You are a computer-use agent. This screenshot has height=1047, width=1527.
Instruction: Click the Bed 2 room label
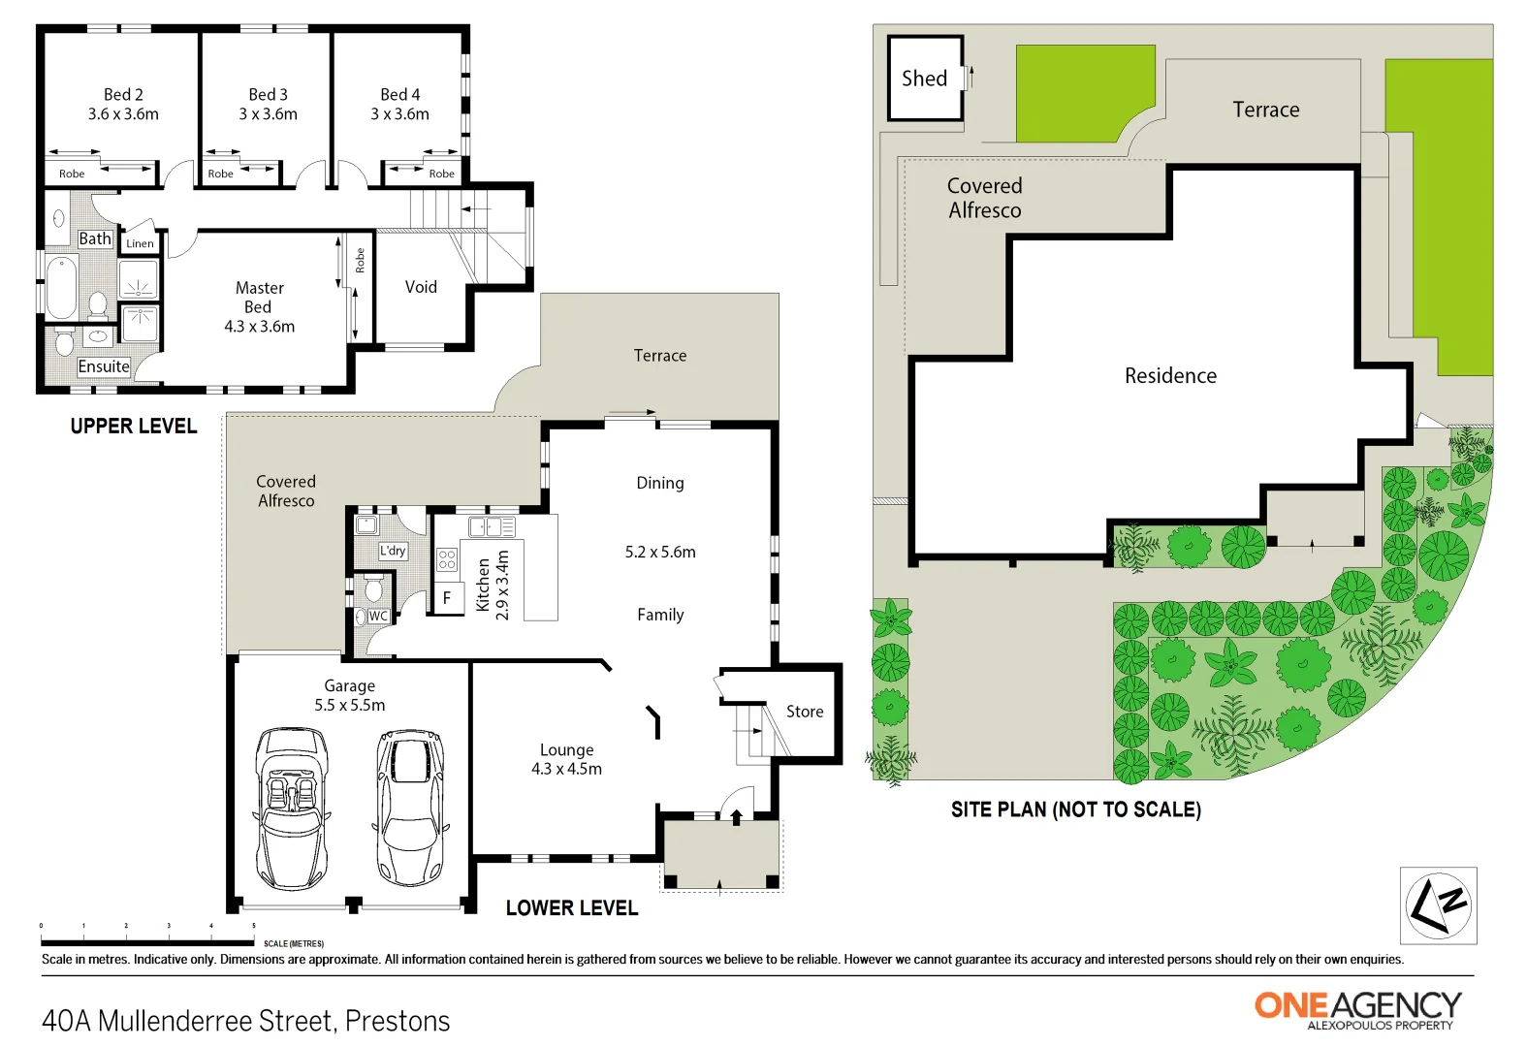(x=123, y=104)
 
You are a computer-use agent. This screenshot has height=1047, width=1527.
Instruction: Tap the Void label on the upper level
(x=421, y=287)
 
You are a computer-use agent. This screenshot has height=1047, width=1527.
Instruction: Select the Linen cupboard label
(x=140, y=243)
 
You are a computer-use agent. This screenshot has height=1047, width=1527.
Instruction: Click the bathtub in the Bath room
(x=62, y=287)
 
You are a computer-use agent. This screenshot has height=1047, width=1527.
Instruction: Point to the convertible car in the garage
(x=292, y=809)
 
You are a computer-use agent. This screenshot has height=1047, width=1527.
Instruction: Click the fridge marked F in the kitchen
(x=447, y=598)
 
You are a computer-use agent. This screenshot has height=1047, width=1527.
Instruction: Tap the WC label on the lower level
(x=378, y=616)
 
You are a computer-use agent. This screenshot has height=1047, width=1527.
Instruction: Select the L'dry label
(x=393, y=551)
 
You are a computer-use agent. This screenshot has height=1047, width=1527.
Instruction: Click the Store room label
(x=805, y=712)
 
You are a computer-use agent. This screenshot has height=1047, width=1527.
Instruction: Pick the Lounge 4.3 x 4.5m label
(x=566, y=759)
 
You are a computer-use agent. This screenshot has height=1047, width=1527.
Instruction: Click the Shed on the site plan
(x=925, y=79)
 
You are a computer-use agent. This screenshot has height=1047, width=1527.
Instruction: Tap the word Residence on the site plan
(x=1170, y=376)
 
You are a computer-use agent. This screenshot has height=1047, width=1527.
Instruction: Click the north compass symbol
(x=1439, y=905)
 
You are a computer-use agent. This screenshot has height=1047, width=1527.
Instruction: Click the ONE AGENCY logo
(x=1357, y=1008)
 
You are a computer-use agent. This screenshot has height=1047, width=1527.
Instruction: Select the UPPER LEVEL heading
(x=134, y=427)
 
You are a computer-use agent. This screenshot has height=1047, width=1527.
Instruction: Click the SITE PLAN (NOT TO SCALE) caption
(x=1075, y=809)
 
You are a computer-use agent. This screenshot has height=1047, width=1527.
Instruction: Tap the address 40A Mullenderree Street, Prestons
(x=246, y=1021)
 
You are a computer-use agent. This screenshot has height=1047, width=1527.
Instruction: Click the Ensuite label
(x=104, y=366)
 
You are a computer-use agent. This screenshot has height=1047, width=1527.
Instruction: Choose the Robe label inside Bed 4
(x=441, y=174)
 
